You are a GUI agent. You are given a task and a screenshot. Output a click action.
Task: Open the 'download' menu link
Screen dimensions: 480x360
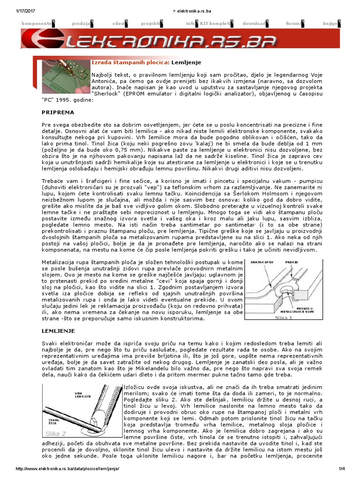[255, 23]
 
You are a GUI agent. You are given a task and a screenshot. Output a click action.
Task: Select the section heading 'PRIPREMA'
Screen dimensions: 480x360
[58, 113]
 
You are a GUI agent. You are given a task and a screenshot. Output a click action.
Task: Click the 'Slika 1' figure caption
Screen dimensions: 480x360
[284, 317]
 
